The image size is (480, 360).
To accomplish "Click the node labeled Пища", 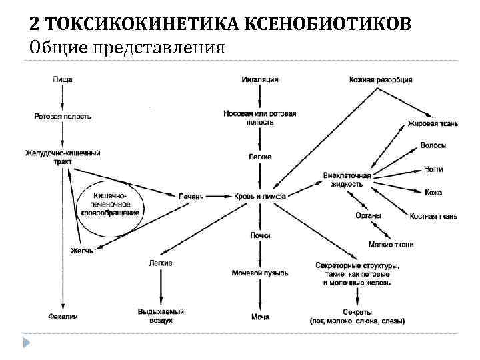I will [62, 79].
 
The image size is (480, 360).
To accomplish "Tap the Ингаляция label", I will [259, 79].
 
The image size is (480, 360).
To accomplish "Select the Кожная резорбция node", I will [381, 79].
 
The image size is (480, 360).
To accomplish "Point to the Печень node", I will [191, 197].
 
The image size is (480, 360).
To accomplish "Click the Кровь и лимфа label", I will [260, 197].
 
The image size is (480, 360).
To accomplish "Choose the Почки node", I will [260, 235].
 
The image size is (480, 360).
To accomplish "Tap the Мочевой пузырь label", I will [260, 273].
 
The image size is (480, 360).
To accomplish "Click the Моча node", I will [260, 316].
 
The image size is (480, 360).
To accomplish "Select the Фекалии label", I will [63, 316].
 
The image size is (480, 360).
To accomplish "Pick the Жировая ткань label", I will [433, 124].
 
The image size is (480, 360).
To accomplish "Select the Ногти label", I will [433, 169].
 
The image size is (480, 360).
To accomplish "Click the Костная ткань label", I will [433, 216].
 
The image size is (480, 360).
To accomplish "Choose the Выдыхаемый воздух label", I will [161, 316].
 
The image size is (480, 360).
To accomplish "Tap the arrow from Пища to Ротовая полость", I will [62, 97].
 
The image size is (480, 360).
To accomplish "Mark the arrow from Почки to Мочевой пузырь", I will [260, 254].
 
